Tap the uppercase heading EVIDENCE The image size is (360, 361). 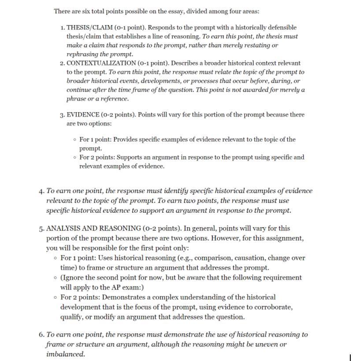coord(82,114)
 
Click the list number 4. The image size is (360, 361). coord(41,191)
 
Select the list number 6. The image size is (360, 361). coord(41,335)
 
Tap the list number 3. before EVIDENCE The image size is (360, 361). coord(62,114)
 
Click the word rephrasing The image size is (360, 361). coord(82,54)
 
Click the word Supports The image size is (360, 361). coord(128,157)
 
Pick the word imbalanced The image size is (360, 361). coord(65,354)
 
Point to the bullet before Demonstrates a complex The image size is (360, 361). coord(54,297)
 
